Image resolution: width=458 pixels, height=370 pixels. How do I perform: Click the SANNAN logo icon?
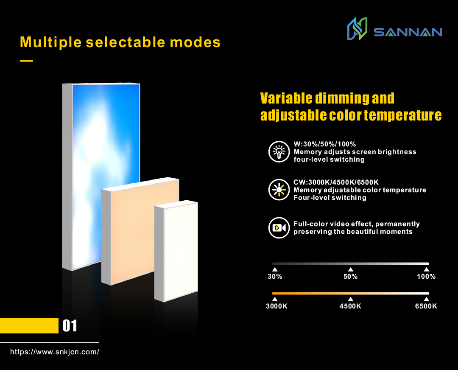tap(357, 29)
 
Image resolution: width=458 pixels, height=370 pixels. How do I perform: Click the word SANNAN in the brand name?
tap(408, 32)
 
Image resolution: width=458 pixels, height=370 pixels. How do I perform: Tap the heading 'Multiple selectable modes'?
tap(120, 42)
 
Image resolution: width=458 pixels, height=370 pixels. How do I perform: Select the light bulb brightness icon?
tap(279, 151)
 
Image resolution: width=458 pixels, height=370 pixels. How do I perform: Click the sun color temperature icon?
tap(279, 190)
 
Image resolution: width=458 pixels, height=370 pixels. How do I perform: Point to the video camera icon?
tap(279, 228)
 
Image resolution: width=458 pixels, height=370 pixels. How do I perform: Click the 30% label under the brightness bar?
tap(275, 277)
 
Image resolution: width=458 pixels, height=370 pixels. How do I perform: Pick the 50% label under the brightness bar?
tap(350, 277)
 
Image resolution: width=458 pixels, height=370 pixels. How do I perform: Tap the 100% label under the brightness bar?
tap(426, 277)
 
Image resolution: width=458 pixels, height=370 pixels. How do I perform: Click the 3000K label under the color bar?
tap(276, 306)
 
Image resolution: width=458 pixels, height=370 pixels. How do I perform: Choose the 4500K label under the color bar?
tap(350, 306)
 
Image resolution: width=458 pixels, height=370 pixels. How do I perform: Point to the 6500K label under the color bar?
tap(426, 306)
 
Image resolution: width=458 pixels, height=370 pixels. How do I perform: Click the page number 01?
tap(70, 326)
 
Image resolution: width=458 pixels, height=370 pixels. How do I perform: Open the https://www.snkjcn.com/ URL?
tap(55, 352)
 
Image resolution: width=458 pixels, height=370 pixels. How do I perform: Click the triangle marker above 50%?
tap(350, 269)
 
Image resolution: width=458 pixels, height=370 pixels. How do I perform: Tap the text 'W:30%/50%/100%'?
tap(324, 144)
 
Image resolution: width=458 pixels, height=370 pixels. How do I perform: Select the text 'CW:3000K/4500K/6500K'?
tap(336, 182)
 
